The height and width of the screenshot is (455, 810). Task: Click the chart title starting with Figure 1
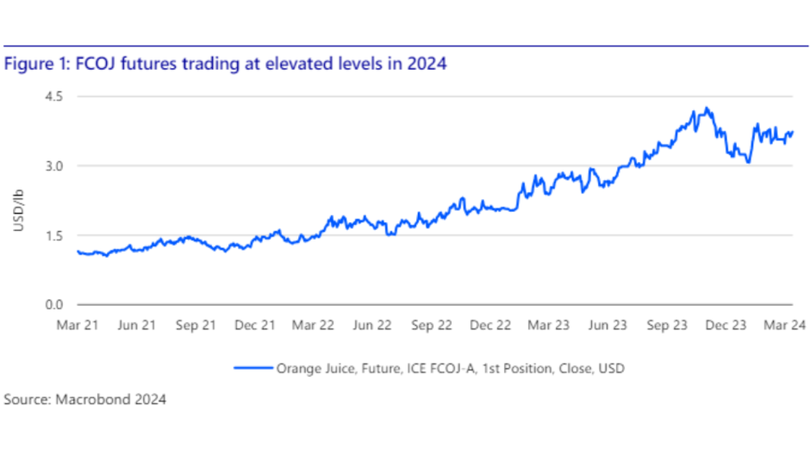(x=225, y=64)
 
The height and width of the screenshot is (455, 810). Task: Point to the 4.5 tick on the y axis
(x=54, y=97)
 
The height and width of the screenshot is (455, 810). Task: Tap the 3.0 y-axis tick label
(x=54, y=165)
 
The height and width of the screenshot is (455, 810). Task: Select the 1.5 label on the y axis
(x=54, y=235)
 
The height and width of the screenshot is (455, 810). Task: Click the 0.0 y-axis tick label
(x=54, y=305)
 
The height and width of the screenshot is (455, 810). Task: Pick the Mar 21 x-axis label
(x=77, y=326)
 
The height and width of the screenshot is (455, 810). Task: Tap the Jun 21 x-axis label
(x=136, y=326)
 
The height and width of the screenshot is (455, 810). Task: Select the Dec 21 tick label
(x=255, y=326)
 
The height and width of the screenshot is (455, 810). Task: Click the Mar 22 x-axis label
(x=314, y=326)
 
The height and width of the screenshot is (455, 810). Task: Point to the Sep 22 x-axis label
(x=433, y=326)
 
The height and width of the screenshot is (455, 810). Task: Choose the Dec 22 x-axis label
(x=491, y=326)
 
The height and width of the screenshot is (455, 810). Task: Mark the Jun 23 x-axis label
(x=608, y=326)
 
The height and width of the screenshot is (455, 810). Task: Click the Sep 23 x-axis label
(x=668, y=326)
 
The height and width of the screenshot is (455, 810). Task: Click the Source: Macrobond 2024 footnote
(x=84, y=400)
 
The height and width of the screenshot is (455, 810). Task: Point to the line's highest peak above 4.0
(x=707, y=109)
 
